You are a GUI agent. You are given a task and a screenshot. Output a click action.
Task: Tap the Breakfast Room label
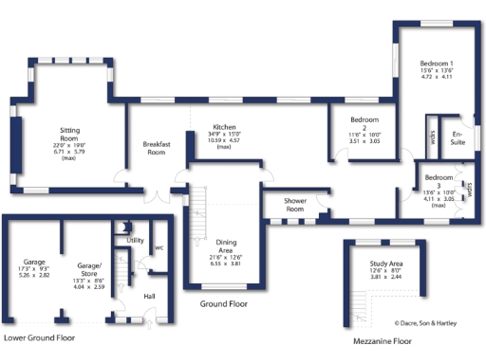[156, 148]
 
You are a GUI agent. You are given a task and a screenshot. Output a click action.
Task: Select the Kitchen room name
[224, 126]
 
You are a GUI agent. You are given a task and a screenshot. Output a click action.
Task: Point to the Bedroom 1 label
[438, 63]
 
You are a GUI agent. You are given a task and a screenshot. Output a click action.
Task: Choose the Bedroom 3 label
[438, 178]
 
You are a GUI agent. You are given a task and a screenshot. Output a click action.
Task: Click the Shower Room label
[286, 205]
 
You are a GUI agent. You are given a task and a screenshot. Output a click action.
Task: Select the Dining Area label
[226, 246]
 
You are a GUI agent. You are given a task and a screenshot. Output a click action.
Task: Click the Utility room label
[135, 241]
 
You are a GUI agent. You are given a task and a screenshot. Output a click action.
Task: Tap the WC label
[159, 247]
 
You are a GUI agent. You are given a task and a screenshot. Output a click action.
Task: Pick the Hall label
[149, 297]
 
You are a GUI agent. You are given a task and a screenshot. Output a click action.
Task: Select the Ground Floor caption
[223, 304]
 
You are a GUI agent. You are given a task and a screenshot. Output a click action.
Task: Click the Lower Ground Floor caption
[40, 337]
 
